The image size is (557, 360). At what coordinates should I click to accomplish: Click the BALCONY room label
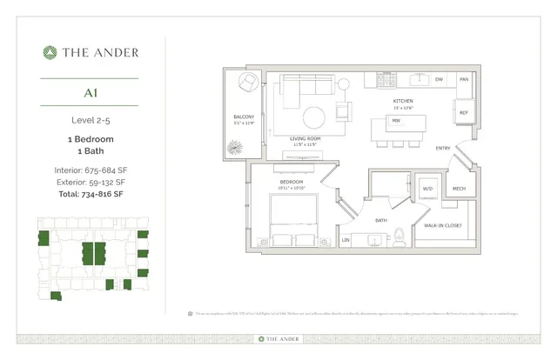pos(243,116)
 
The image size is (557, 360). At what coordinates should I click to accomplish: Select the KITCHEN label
pos(401,101)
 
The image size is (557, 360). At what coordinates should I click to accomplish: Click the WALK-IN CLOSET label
pos(442,224)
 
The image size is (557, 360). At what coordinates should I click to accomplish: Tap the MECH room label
pos(458,188)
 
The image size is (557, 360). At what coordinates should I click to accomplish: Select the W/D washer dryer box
pos(428,188)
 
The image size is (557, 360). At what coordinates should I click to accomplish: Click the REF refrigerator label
pos(463,113)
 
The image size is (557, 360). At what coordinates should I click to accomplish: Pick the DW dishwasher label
pos(439,80)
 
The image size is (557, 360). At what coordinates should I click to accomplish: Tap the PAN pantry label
pos(464,80)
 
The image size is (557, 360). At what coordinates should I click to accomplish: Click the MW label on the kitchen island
pos(396,121)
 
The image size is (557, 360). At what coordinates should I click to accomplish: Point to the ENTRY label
pos(443,148)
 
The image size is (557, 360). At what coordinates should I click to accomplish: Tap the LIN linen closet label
pos(346,239)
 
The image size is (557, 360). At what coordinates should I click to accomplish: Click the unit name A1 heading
pos(91,91)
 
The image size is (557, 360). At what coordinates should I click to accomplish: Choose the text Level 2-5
pos(91,119)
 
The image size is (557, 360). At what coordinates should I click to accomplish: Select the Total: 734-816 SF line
pos(91,196)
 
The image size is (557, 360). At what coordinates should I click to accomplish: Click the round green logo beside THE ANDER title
pos(50,52)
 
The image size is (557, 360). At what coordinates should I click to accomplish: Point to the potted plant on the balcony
pos(233,149)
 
